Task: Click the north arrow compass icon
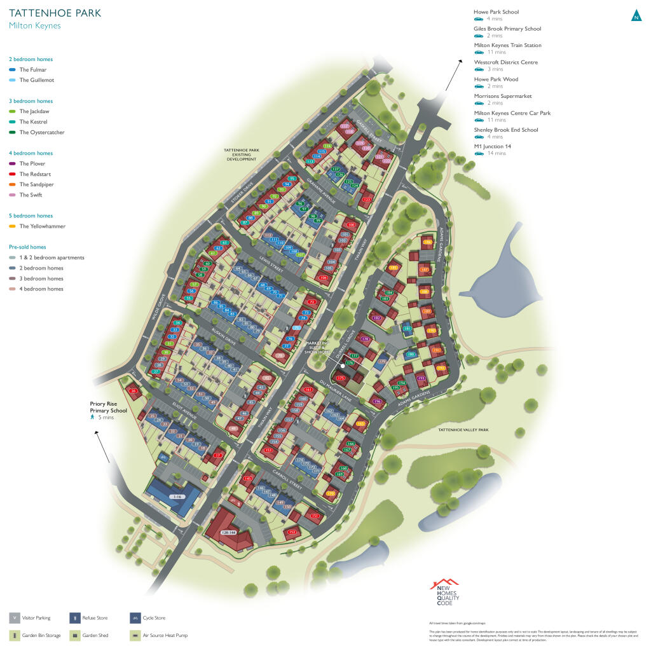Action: [636, 16]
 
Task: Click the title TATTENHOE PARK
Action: [55, 13]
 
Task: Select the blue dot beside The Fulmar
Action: [13, 69]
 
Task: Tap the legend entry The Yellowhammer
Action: [42, 226]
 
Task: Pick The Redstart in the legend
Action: [35, 174]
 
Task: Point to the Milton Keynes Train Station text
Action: [507, 45]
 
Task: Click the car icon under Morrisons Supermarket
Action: [479, 103]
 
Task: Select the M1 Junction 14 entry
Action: [492, 147]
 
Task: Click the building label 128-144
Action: [228, 532]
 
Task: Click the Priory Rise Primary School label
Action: [108, 407]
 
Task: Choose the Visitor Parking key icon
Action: [14, 618]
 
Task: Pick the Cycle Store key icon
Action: [135, 618]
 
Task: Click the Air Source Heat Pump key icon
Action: [135, 635]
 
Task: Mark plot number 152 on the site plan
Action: [292, 531]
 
